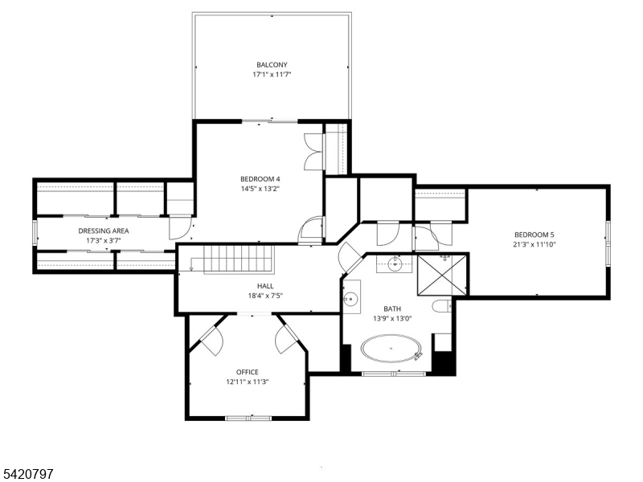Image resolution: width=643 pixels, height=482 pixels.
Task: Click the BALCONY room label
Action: tap(272, 65)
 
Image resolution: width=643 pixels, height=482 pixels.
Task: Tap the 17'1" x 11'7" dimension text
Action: tap(272, 75)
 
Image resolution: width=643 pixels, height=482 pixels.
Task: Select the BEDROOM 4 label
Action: tap(260, 179)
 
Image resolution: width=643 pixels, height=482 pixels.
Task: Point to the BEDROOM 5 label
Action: tap(534, 235)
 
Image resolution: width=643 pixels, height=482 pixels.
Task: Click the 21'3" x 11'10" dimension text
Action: tap(534, 245)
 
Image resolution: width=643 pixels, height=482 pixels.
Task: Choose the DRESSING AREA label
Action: tap(104, 231)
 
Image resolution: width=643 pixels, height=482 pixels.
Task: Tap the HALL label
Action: tap(265, 286)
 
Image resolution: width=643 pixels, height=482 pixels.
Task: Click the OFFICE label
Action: tap(248, 372)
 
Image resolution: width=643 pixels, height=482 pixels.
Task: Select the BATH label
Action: tap(392, 309)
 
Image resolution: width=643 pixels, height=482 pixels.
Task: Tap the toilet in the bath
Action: tap(441, 306)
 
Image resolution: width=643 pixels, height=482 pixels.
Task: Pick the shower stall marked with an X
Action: tap(441, 275)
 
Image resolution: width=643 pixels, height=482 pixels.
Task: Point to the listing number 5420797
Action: tap(27, 474)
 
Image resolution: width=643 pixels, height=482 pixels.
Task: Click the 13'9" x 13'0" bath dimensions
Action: tap(392, 318)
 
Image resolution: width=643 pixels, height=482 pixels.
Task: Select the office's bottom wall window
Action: tap(248, 418)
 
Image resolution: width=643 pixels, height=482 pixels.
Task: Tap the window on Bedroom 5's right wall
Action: tap(608, 243)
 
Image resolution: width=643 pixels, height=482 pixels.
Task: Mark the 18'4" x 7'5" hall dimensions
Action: tap(265, 296)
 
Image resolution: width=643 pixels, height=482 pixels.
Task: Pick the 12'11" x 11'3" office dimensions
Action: tap(248, 382)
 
